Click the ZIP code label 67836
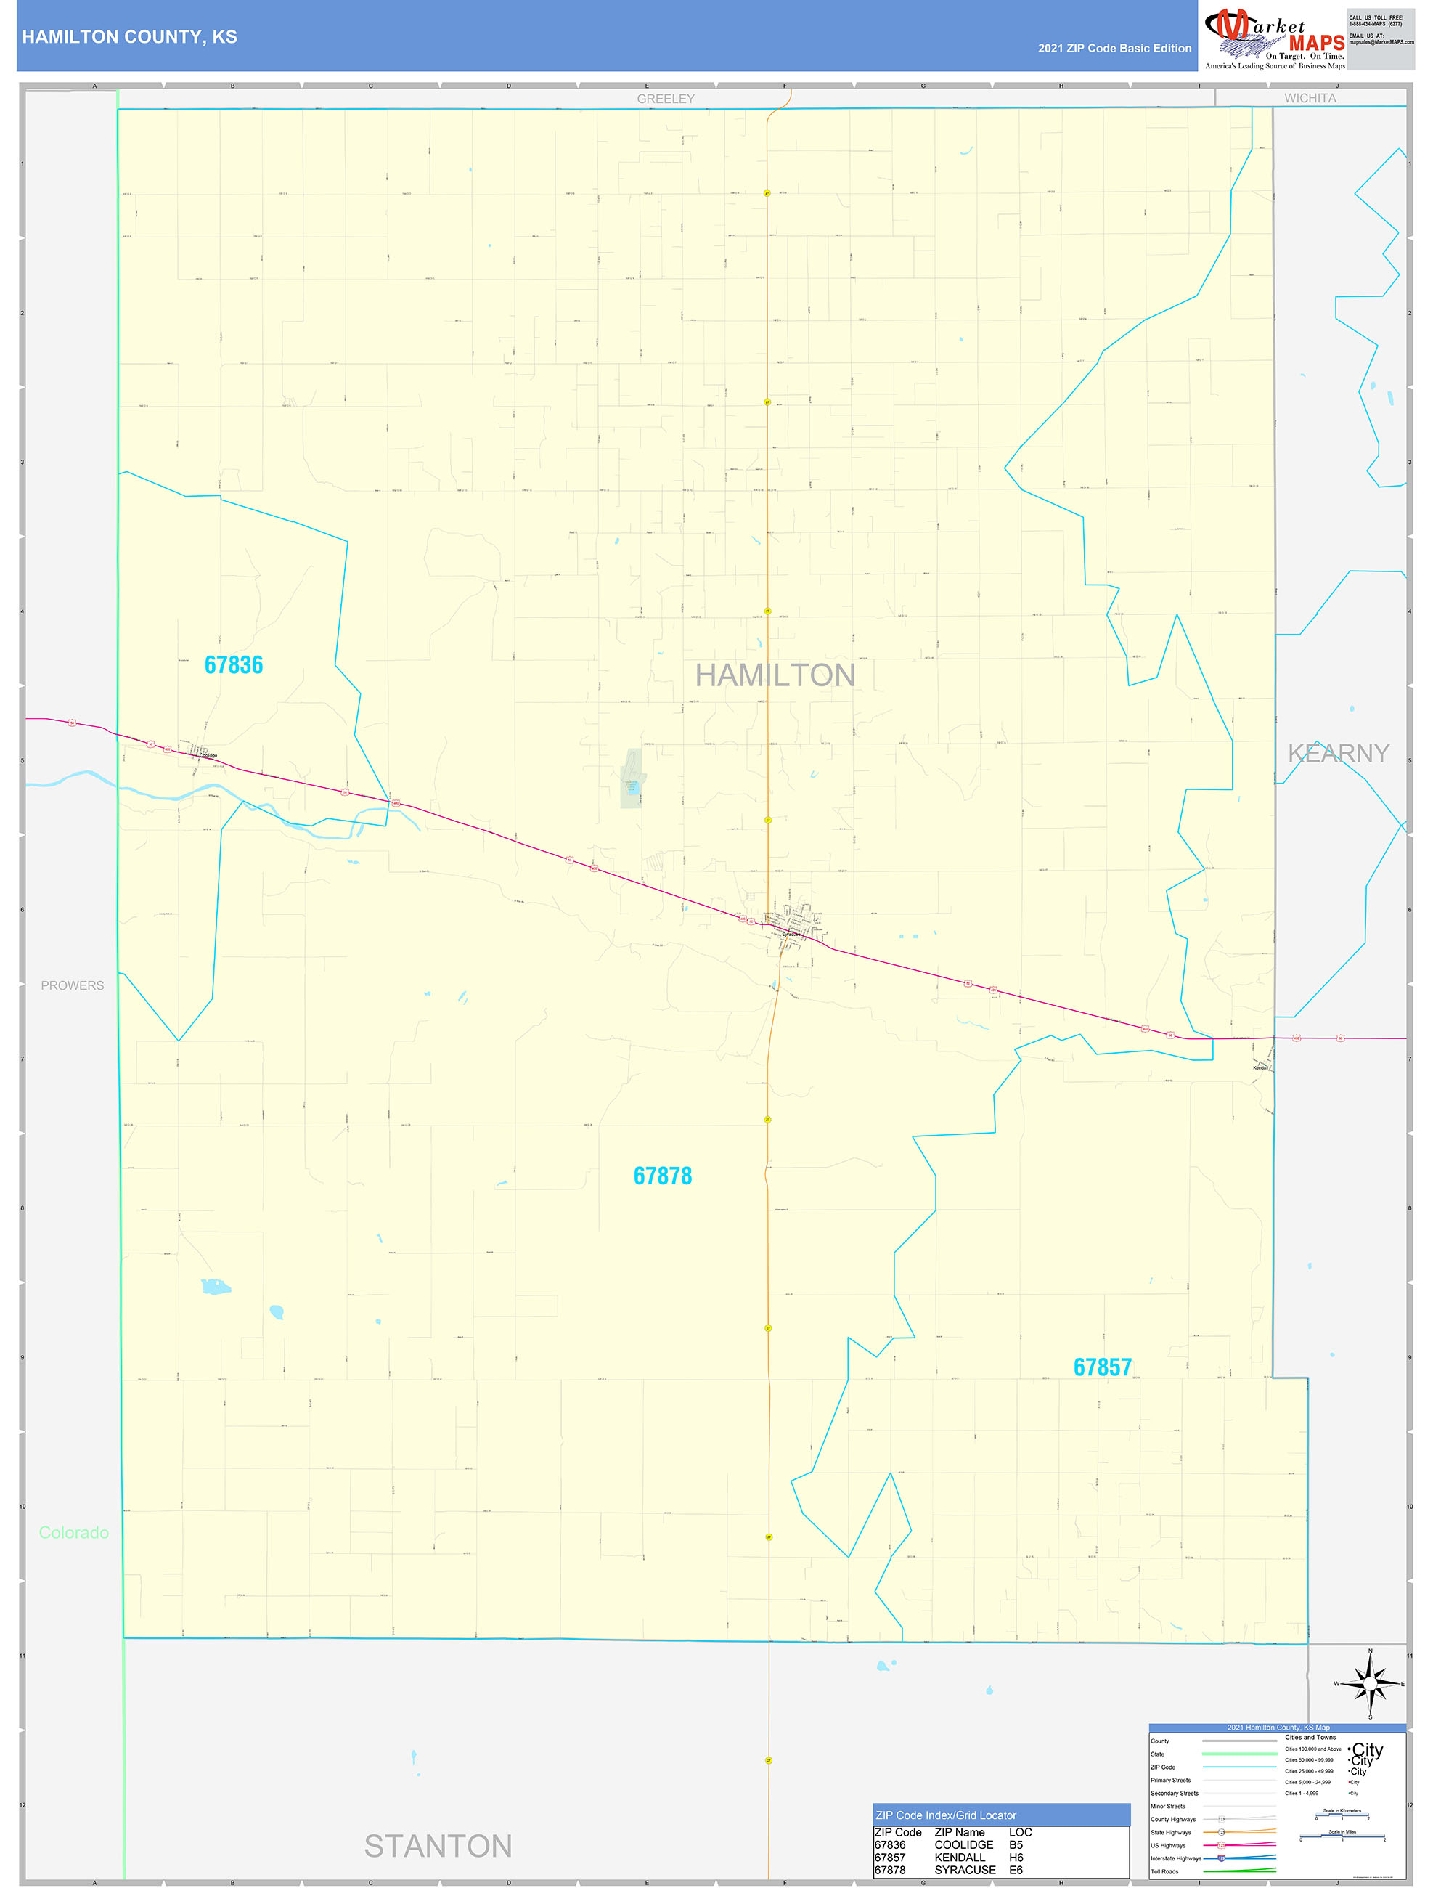pos(234,665)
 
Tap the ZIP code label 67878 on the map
pos(662,1176)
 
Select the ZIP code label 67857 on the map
pos(1102,1367)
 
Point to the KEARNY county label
pos(1337,753)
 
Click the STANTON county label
pos(438,1846)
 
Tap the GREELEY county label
pos(665,99)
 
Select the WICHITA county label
pos(1310,98)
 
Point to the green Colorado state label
pos(74,1532)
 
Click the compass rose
pos(1370,1684)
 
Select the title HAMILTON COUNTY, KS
pos(130,37)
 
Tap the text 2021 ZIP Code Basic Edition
pos(1114,49)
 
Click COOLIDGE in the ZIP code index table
pos(963,1844)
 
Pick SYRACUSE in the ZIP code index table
pos(965,1870)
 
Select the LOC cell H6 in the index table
pos(1016,1858)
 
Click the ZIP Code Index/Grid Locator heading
pos(946,1815)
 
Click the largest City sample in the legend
pos(1367,1750)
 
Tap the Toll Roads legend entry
pos(1164,1872)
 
